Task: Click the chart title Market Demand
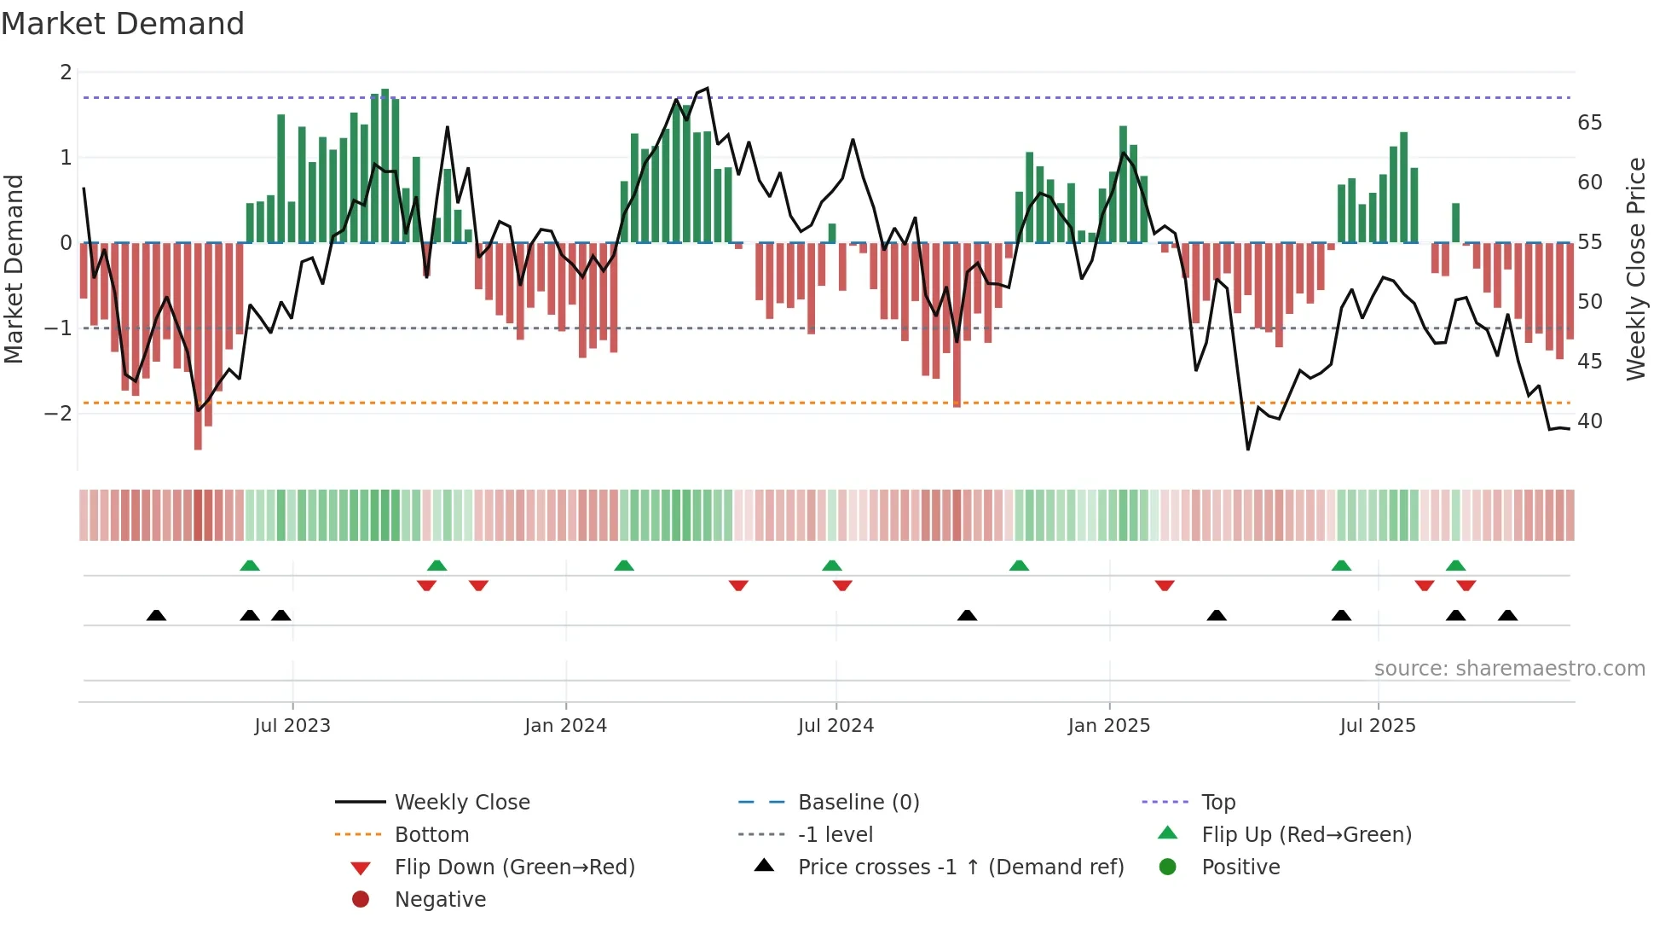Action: [123, 24]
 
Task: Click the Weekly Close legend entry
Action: [461, 803]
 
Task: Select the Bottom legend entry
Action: [431, 835]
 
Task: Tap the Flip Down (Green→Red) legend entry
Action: [514, 867]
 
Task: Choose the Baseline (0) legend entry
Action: [858, 803]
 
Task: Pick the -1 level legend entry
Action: [835, 835]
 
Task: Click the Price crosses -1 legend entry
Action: [960, 867]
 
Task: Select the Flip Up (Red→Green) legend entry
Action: [1306, 835]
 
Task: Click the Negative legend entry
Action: [440, 900]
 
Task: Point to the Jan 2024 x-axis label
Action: [565, 726]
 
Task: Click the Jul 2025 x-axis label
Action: [1377, 726]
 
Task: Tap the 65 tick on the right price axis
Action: [1589, 123]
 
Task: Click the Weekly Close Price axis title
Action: [1635, 269]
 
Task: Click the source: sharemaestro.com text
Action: [1509, 669]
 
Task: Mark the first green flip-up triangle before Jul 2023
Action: [250, 566]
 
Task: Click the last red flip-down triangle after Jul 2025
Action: [1466, 585]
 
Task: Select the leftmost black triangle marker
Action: [156, 615]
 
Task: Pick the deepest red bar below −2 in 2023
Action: [198, 345]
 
